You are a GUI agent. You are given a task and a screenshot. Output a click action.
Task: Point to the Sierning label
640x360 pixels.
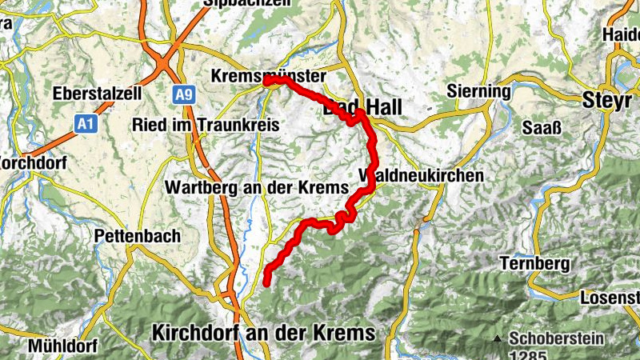479,91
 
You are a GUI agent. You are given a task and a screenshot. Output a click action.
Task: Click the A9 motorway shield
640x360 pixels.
183,95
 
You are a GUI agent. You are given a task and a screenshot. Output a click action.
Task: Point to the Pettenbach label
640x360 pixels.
137,237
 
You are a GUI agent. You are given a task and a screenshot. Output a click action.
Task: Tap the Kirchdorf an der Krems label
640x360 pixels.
263,332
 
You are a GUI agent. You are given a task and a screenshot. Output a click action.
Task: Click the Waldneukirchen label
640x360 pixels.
422,175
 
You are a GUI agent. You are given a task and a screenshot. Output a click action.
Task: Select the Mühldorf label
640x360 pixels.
62,346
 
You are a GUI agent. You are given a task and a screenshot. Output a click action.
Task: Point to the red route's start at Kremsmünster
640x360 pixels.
266,80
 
